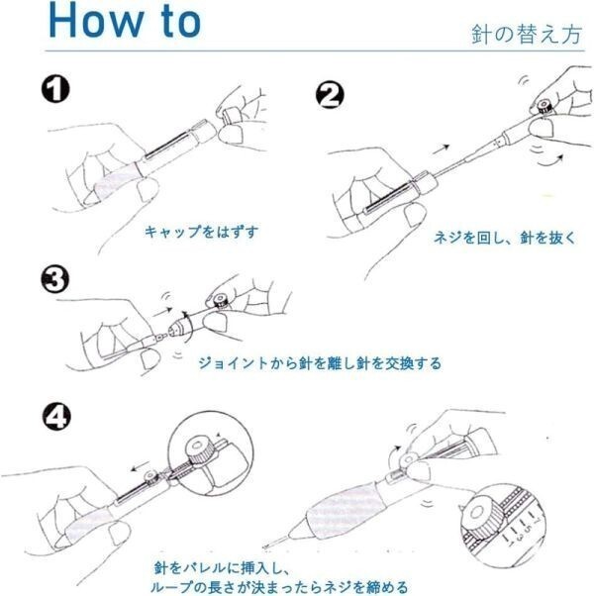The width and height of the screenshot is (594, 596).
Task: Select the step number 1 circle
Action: point(56,90)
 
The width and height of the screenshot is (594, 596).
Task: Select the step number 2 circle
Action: point(330,95)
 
